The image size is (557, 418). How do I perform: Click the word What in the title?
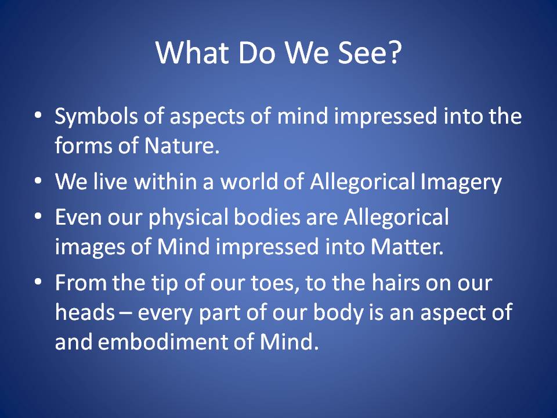pos(192,53)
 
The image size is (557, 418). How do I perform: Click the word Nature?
pos(182,145)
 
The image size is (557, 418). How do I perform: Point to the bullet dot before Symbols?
pos(38,115)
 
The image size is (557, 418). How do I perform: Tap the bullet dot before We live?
pos(38,181)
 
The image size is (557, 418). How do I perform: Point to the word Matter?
pos(407,247)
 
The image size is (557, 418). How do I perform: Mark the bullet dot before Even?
pos(38,216)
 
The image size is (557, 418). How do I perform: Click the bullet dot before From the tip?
pos(38,282)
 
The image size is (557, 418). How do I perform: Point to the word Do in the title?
pos(257,53)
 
